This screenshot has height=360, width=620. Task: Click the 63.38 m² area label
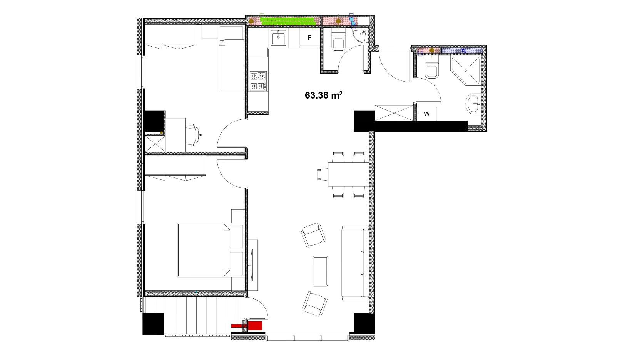pos(323,95)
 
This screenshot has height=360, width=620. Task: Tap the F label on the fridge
pos(309,38)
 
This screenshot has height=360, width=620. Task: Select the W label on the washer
pos(427,114)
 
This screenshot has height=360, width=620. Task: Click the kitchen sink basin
pos(279,38)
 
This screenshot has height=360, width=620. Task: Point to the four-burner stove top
pos(258,81)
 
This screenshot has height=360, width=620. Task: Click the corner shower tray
pos(465,70)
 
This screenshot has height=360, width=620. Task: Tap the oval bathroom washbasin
pos(473,103)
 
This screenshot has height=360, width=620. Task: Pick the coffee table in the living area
pos(320,271)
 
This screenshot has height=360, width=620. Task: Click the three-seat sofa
pos(355,263)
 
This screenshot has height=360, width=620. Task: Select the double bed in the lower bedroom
pos(211,250)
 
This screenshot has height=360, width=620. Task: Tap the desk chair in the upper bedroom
pos(193,135)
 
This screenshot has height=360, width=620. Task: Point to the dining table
pos(348,174)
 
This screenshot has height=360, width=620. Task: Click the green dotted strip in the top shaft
pos(288,21)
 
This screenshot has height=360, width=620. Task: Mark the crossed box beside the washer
pos(394,113)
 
